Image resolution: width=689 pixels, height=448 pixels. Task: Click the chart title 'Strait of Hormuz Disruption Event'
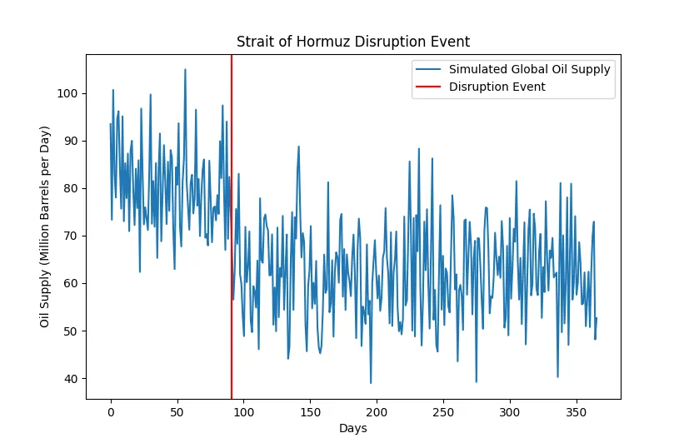click(x=353, y=42)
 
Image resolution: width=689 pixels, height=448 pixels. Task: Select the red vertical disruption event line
click(x=231, y=226)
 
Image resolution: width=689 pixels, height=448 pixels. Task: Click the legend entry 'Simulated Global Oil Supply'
click(x=530, y=69)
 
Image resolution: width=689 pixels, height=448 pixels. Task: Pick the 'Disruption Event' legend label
click(x=497, y=87)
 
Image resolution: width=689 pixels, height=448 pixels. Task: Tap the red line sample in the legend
click(x=428, y=87)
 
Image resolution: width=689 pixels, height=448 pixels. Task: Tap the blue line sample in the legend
click(x=428, y=69)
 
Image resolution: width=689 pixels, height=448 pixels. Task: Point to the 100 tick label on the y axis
click(x=67, y=93)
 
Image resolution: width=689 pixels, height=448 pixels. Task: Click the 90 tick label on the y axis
click(x=71, y=141)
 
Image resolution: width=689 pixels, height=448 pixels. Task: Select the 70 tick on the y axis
click(x=71, y=236)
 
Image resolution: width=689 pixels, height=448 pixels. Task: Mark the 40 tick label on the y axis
click(x=71, y=379)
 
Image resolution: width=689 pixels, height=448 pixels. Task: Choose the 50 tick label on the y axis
click(x=71, y=331)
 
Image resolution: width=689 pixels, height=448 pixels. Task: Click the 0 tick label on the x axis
click(x=111, y=412)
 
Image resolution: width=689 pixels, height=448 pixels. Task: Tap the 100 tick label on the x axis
click(x=244, y=412)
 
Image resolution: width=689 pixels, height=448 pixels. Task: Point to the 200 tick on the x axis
click(x=377, y=412)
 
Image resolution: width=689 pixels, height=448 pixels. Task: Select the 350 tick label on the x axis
click(x=576, y=412)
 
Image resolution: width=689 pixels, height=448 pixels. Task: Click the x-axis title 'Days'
click(x=353, y=428)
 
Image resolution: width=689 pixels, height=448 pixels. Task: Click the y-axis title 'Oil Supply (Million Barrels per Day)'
click(x=44, y=226)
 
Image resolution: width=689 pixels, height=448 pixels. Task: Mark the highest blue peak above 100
click(x=185, y=69)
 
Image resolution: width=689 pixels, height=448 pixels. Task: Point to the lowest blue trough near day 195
click(x=371, y=383)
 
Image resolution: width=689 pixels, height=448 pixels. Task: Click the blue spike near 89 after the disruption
click(x=298, y=147)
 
